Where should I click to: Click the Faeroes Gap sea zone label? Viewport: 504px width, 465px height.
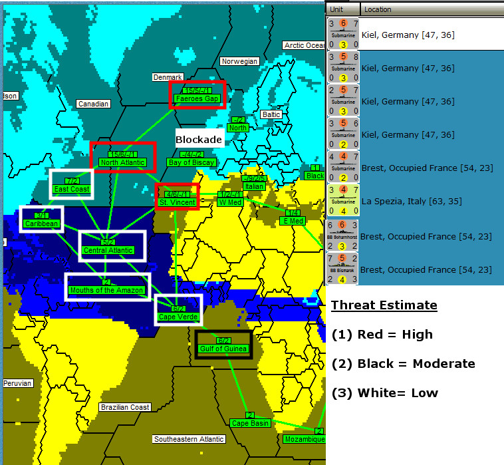tap(197, 98)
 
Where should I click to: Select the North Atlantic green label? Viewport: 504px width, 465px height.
tap(122, 162)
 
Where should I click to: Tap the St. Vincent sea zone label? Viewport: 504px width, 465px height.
tap(177, 201)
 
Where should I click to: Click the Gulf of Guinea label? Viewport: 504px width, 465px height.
tap(223, 349)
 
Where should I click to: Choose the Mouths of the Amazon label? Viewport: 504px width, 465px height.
tap(106, 290)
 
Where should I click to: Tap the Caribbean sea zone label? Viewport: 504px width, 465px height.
tap(42, 224)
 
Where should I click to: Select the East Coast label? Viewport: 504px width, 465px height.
tap(72, 189)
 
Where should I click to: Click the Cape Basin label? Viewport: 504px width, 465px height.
tap(250, 423)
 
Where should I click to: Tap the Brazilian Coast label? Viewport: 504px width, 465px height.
tap(125, 407)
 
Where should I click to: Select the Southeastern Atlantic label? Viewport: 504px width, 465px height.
tap(189, 439)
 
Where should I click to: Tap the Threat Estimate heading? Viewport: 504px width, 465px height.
tap(384, 306)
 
